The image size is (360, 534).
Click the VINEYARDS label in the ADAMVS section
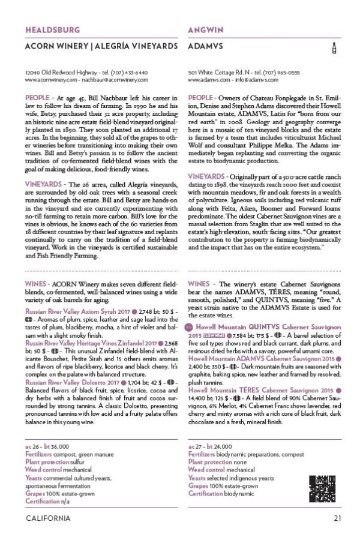tap(208, 176)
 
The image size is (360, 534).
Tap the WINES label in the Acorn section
tap(36, 283)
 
